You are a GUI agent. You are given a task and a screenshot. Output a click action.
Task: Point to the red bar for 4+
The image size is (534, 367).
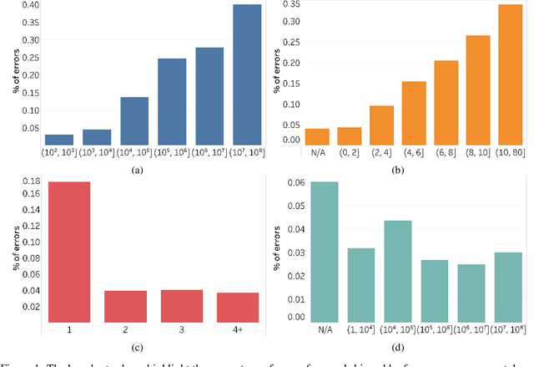[x=238, y=307]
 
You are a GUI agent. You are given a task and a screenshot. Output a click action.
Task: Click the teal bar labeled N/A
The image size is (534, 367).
[x=323, y=252]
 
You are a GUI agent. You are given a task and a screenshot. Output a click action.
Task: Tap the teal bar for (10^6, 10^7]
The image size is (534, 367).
[x=471, y=293]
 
